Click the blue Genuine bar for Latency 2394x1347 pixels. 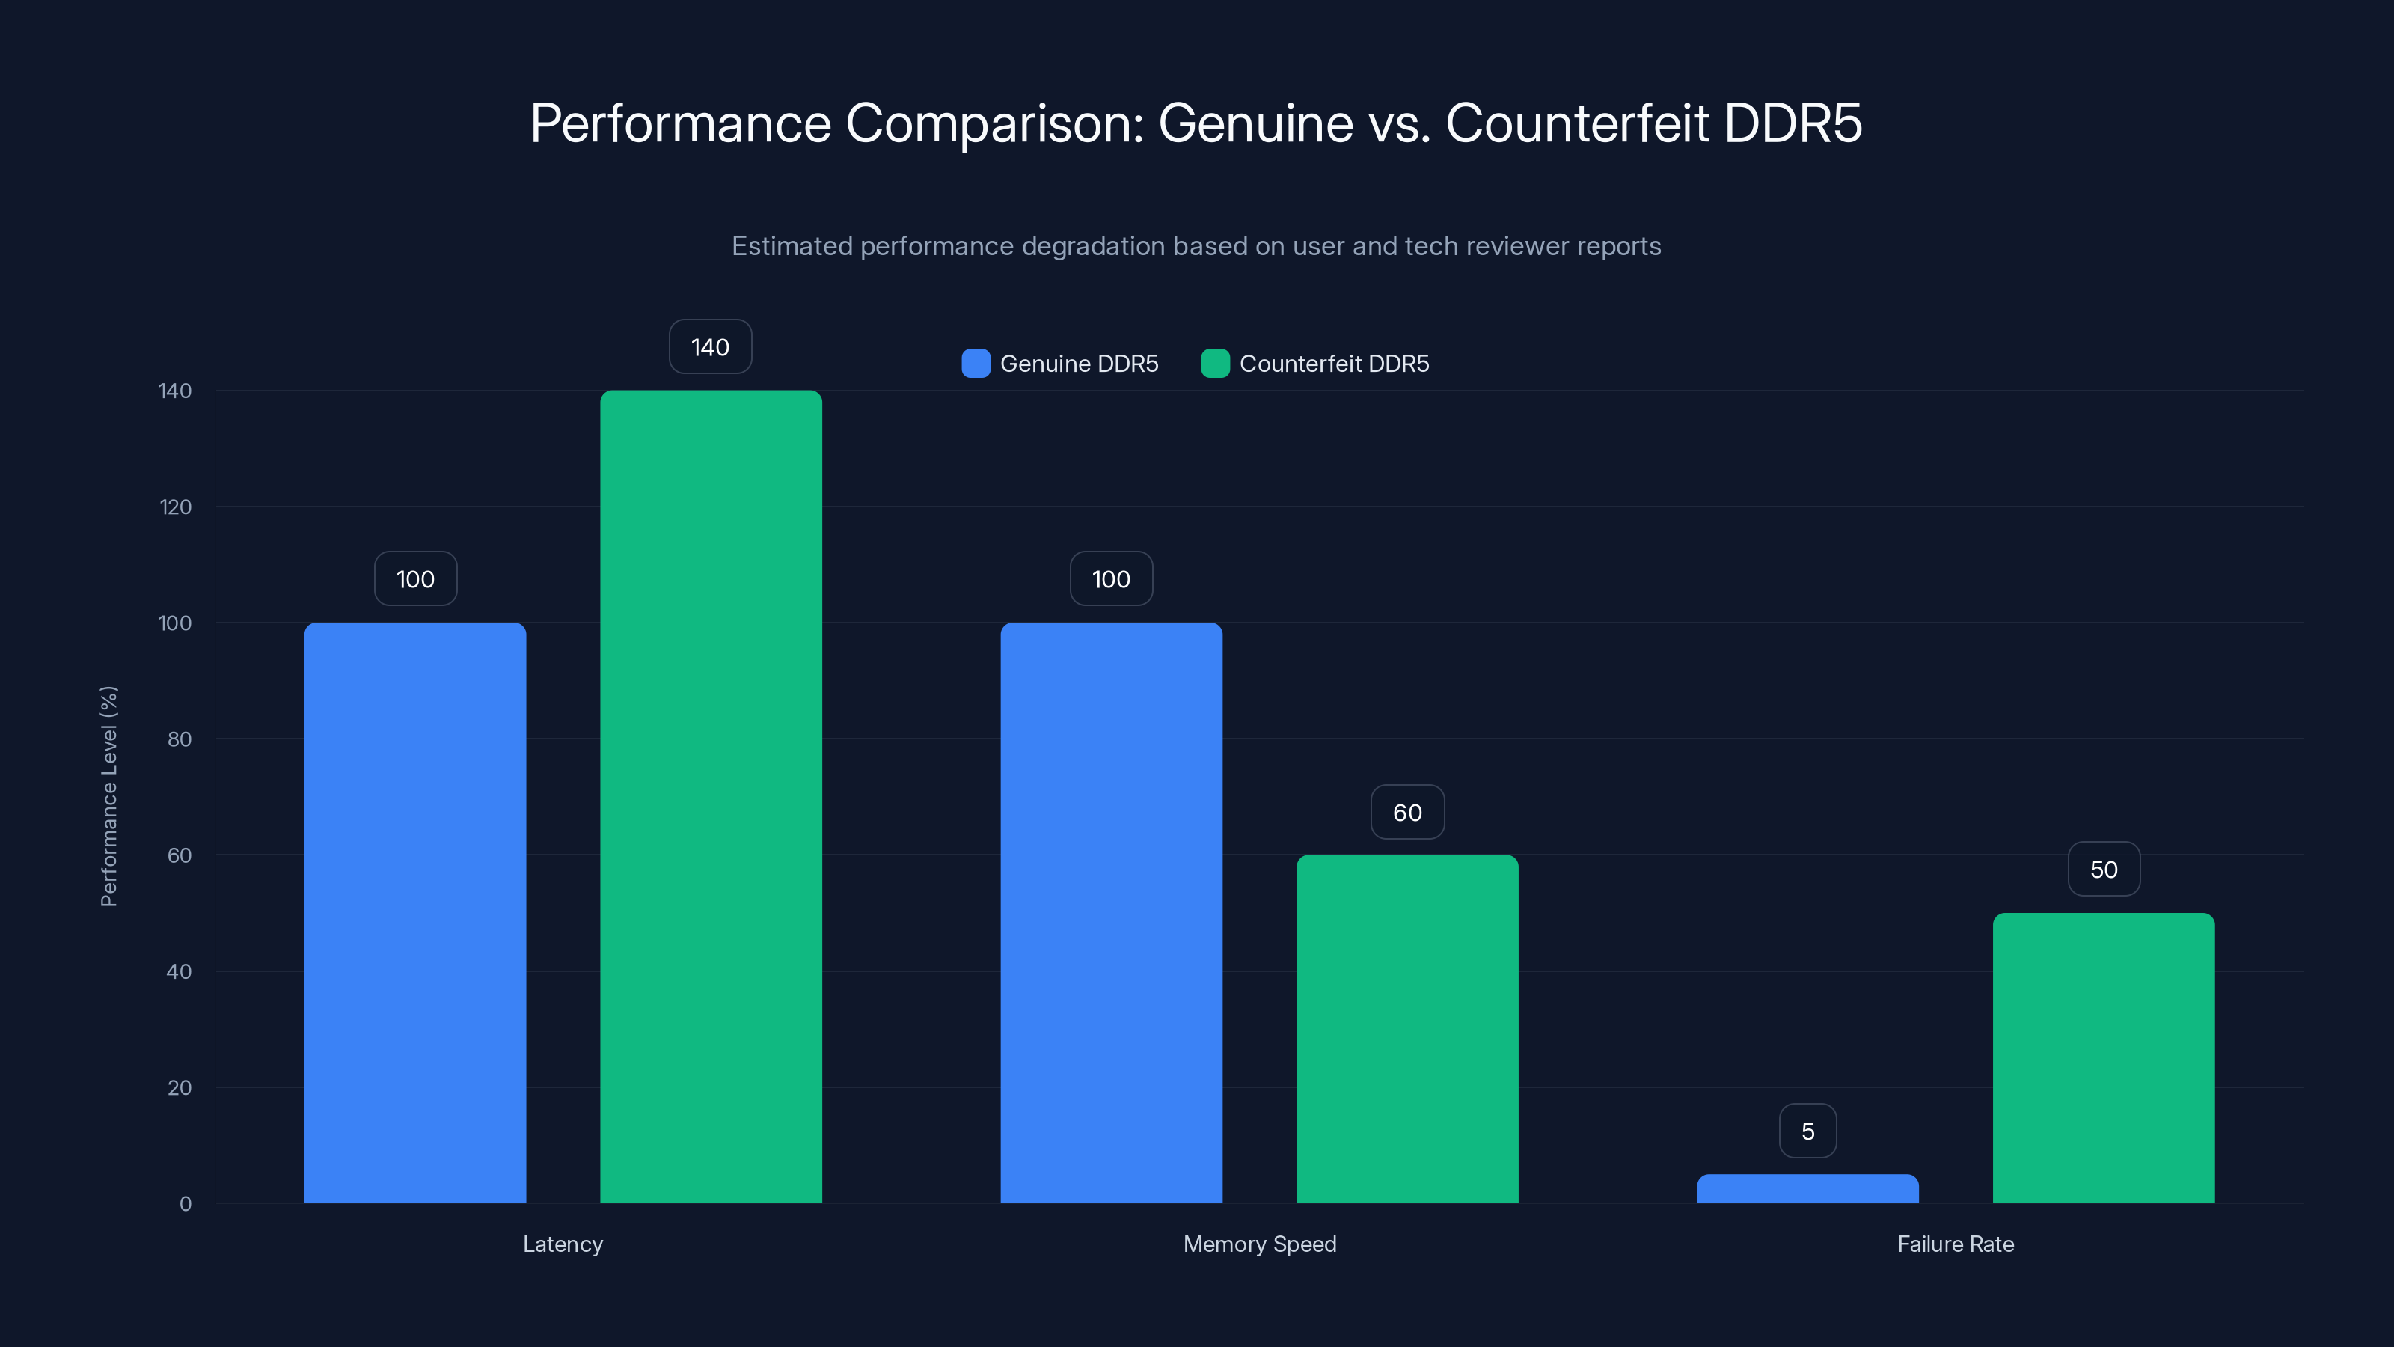tap(414, 911)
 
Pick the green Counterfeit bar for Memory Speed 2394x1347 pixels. tap(1407, 1028)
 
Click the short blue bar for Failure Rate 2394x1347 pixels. tap(1807, 1189)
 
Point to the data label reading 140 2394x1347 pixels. tap(710, 346)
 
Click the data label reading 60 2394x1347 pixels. tap(1407, 813)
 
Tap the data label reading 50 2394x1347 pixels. tap(2103, 869)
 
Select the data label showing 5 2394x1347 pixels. tap(1807, 1131)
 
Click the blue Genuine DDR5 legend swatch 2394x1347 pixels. tap(976, 364)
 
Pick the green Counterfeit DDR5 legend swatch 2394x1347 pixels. tap(1215, 364)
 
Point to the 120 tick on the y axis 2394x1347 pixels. tap(175, 507)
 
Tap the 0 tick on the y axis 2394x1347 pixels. tap(185, 1204)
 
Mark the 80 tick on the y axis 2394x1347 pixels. tap(179, 739)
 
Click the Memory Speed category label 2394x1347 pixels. tap(1259, 1244)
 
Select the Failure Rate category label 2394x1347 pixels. tap(1956, 1244)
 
